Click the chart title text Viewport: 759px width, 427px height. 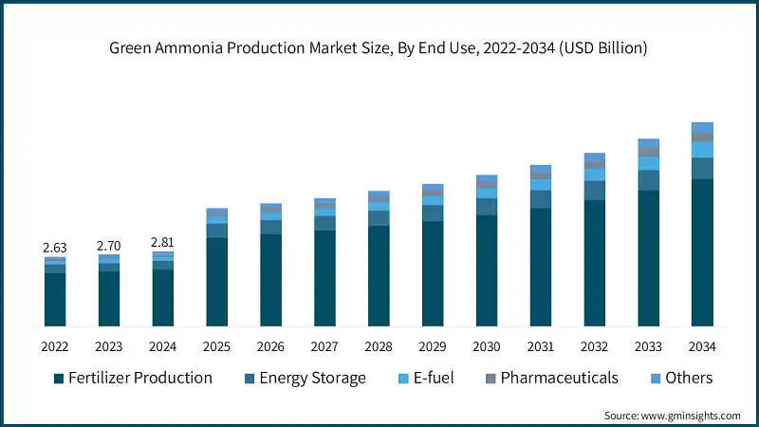(x=379, y=48)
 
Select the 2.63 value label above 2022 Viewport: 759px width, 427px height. (x=55, y=247)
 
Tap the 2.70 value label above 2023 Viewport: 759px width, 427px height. (x=109, y=246)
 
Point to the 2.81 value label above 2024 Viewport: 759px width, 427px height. (x=163, y=243)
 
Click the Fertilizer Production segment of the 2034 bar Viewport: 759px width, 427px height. (x=702, y=252)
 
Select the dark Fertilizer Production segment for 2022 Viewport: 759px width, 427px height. (x=55, y=300)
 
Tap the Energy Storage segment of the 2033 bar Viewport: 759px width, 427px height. (x=648, y=180)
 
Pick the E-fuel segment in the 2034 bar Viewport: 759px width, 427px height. (x=702, y=150)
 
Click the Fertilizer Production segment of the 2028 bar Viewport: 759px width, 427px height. (x=379, y=276)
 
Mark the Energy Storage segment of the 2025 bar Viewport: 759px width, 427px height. (x=217, y=231)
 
